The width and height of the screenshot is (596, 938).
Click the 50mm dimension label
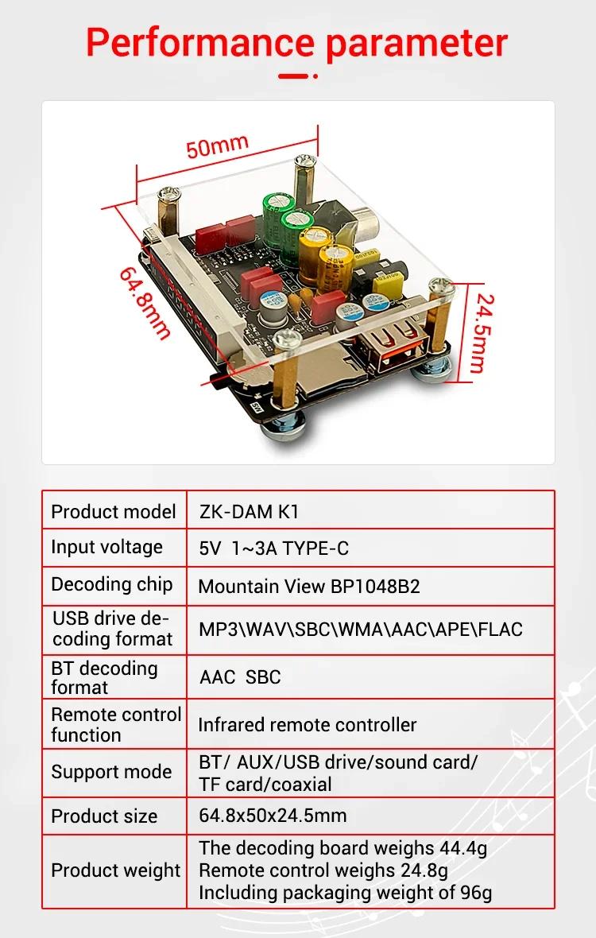(217, 146)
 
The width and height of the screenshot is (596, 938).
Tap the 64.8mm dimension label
(145, 303)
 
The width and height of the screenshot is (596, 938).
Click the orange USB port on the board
(393, 349)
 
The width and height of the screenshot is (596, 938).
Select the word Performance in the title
(199, 42)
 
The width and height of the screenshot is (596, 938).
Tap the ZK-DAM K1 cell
(249, 511)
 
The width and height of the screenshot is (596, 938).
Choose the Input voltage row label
(106, 548)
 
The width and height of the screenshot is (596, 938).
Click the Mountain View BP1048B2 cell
(309, 587)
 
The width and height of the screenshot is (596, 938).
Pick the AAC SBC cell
(240, 677)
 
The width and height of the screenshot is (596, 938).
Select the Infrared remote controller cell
(308, 725)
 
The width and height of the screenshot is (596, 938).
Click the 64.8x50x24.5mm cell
(273, 816)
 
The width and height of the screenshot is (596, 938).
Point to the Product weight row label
(115, 870)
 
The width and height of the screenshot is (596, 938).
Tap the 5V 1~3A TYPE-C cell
(274, 548)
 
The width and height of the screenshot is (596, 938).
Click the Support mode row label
(111, 773)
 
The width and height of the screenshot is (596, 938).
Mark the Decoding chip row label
(112, 584)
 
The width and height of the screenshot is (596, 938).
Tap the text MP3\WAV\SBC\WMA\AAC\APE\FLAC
(361, 630)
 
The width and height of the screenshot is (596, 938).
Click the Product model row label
(113, 512)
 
